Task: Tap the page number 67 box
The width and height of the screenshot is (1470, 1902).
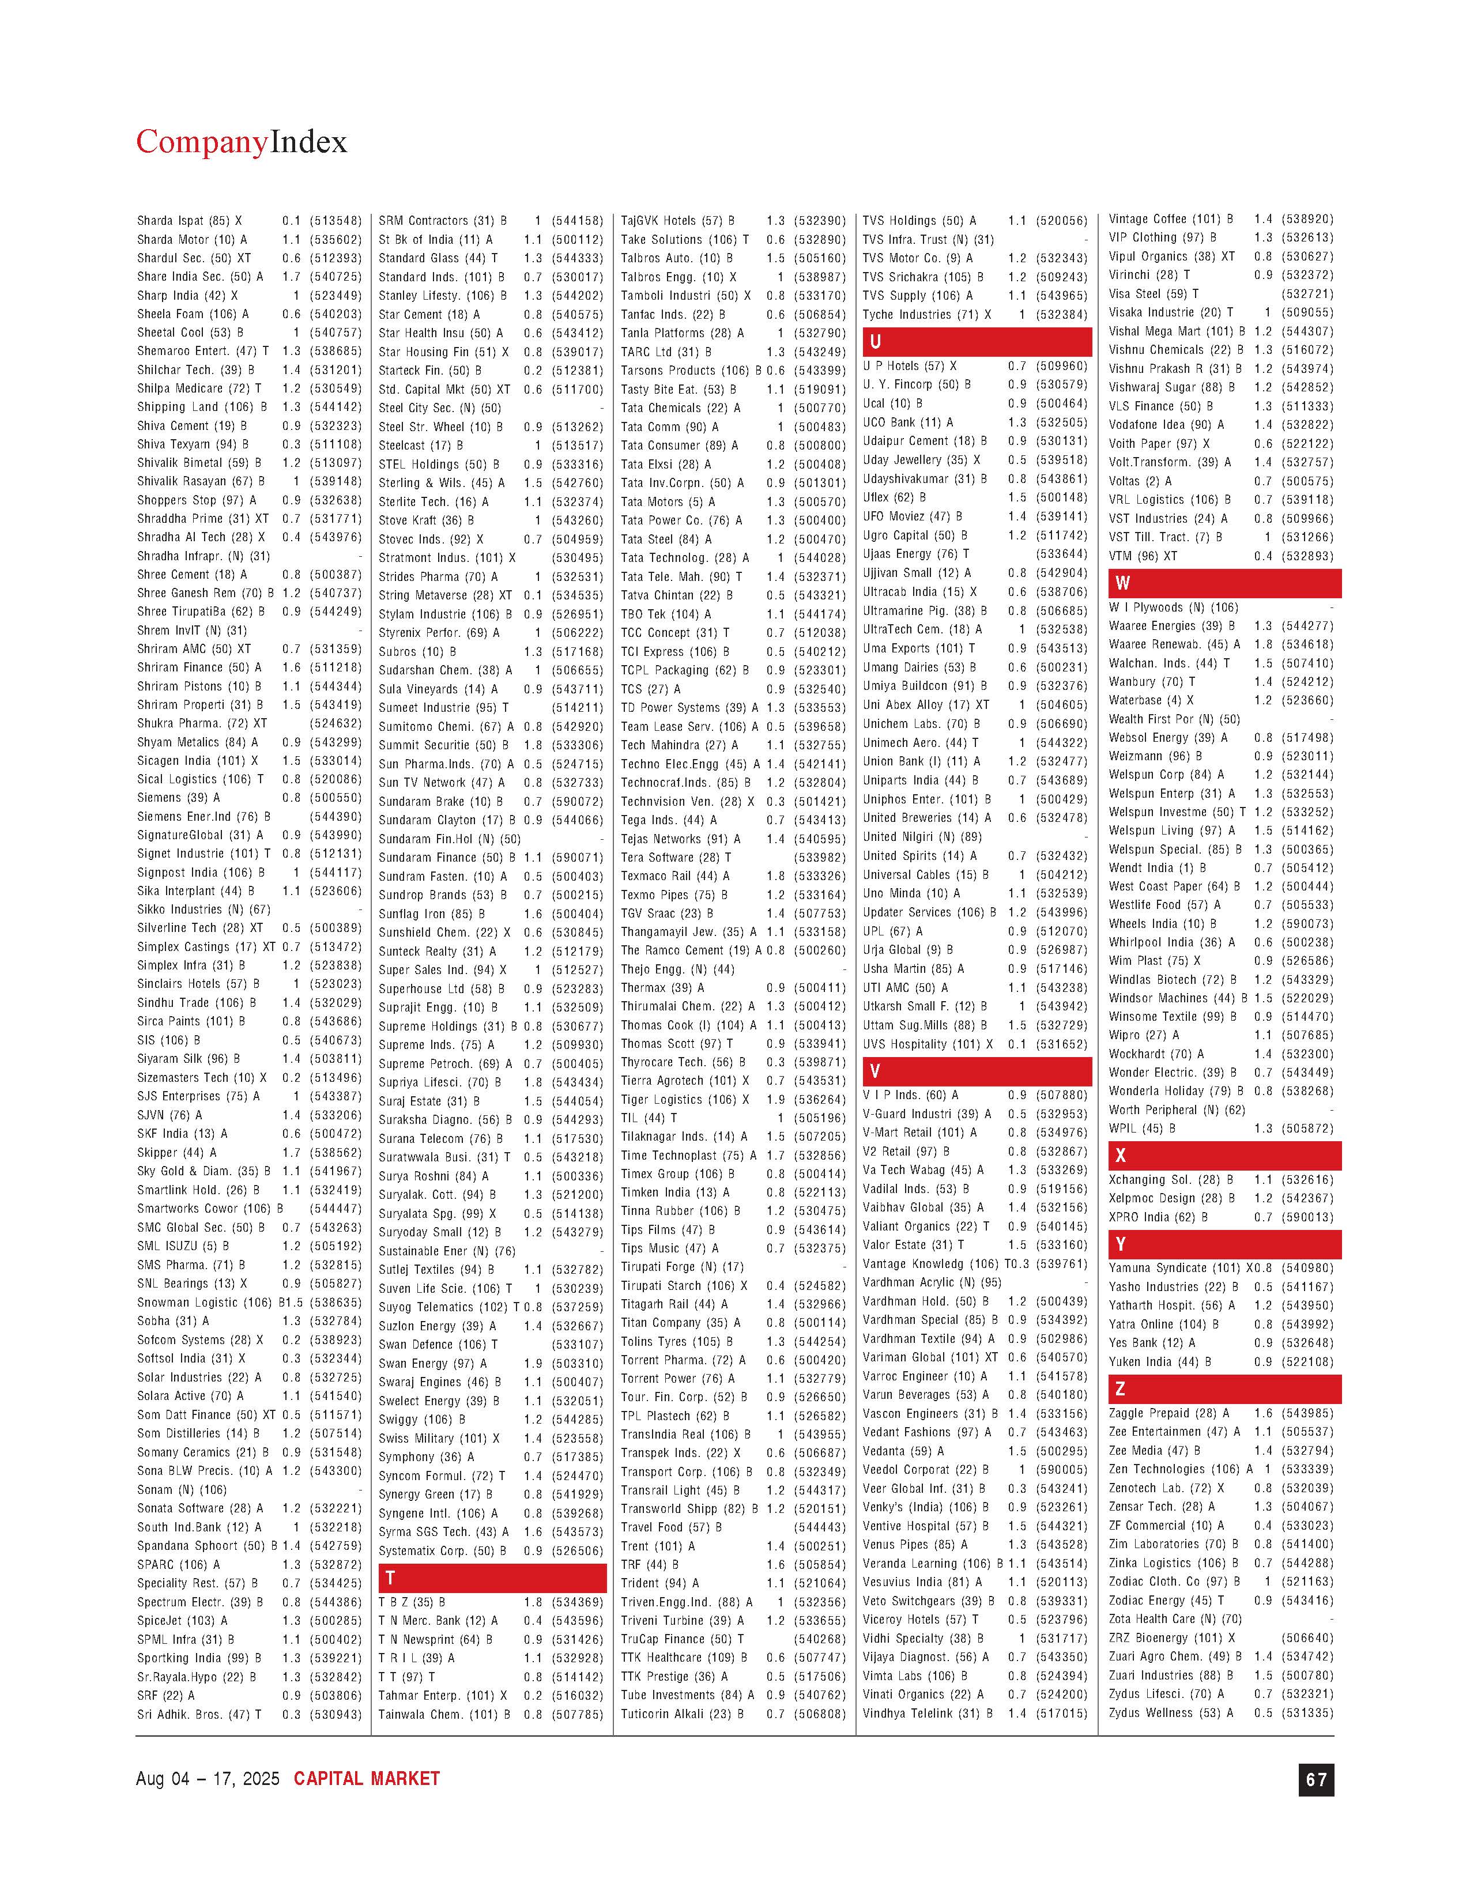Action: point(1315,1779)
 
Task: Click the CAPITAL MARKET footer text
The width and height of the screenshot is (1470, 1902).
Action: point(367,1778)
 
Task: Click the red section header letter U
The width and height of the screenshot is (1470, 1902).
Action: point(875,341)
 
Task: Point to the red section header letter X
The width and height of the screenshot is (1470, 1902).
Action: point(1121,1155)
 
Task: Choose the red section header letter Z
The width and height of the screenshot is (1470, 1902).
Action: point(1121,1388)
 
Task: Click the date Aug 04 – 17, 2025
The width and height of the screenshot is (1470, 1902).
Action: point(208,1778)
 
